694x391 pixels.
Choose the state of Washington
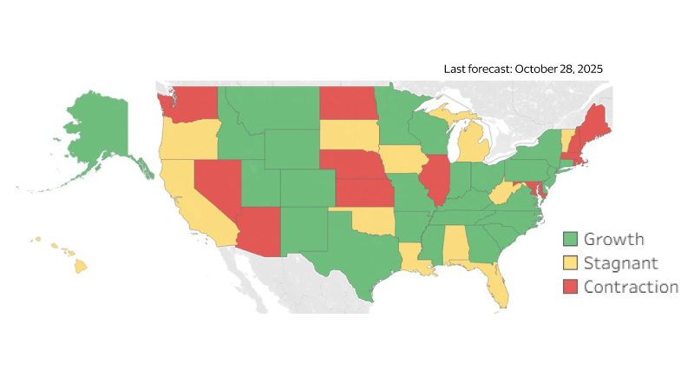195,104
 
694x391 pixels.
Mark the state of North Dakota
348,102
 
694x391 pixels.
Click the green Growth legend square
570,239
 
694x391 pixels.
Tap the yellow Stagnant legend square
570,262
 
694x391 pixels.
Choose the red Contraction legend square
570,286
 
